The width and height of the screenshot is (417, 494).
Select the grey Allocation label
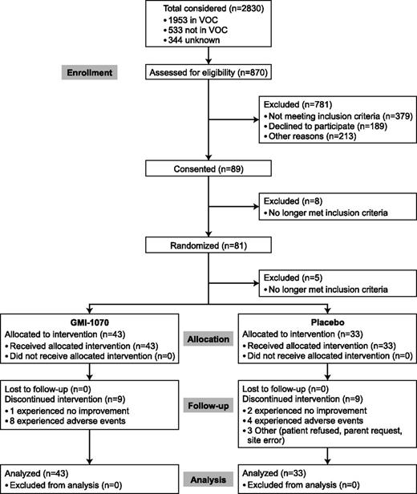click(x=206, y=341)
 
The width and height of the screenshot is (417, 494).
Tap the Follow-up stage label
click(x=206, y=406)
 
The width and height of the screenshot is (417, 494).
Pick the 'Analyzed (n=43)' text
click(x=37, y=473)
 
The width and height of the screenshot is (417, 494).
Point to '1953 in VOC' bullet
click(x=192, y=20)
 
